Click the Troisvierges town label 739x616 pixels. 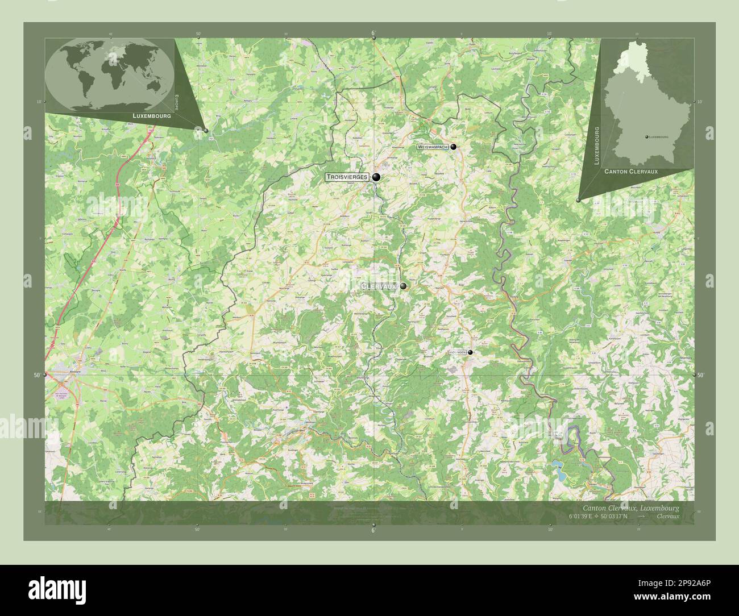[347, 177]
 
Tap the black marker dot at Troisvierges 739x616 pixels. [376, 178]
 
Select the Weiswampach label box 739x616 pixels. [433, 147]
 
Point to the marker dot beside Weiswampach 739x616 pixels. [454, 147]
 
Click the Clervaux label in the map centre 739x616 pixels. [379, 286]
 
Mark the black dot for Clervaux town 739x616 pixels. [403, 286]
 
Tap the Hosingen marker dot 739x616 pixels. [470, 352]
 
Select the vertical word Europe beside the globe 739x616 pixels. [177, 102]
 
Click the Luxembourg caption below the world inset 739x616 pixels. [151, 115]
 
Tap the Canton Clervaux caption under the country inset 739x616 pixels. [639, 171]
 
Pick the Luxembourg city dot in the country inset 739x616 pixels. [647, 137]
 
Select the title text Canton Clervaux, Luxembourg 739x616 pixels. [630, 507]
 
